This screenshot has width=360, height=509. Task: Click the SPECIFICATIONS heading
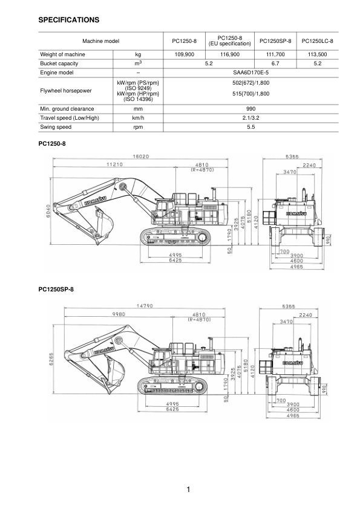pos(68,20)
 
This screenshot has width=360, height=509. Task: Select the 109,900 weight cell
pos(183,54)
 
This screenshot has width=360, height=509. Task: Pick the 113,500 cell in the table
pos(317,54)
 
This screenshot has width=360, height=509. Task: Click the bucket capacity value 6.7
pos(275,63)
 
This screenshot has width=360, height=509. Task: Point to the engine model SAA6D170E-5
pos(250,72)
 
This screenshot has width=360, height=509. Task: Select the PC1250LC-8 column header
pos(317,41)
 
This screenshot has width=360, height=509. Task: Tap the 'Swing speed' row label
pos(56,128)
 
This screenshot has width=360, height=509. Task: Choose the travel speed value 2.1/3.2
pos(250,118)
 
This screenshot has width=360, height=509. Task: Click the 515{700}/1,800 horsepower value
pos(250,94)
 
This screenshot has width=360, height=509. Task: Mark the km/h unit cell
pos(137,118)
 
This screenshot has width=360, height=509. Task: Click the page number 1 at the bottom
pos(189,489)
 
